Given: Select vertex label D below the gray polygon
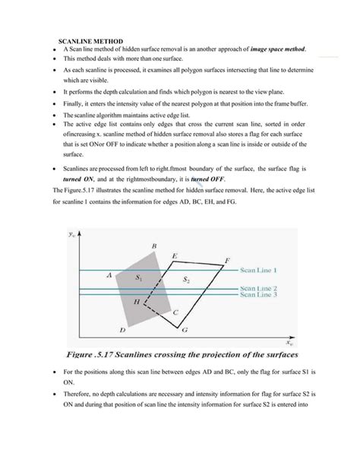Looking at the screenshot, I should (x=122, y=331).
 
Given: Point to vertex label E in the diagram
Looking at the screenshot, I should (x=175, y=257).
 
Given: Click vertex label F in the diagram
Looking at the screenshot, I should (x=226, y=260).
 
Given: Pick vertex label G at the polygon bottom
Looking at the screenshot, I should (x=185, y=331).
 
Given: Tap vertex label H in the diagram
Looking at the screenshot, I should (x=137, y=302).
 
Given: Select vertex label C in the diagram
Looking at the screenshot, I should (x=176, y=312).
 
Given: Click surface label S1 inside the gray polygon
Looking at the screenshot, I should (x=138, y=279).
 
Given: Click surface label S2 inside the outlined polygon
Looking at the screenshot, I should (x=186, y=280).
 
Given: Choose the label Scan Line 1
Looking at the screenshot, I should (x=259, y=270).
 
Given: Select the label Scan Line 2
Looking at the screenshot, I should (x=259, y=288).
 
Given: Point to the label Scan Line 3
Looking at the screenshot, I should (x=259, y=295).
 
